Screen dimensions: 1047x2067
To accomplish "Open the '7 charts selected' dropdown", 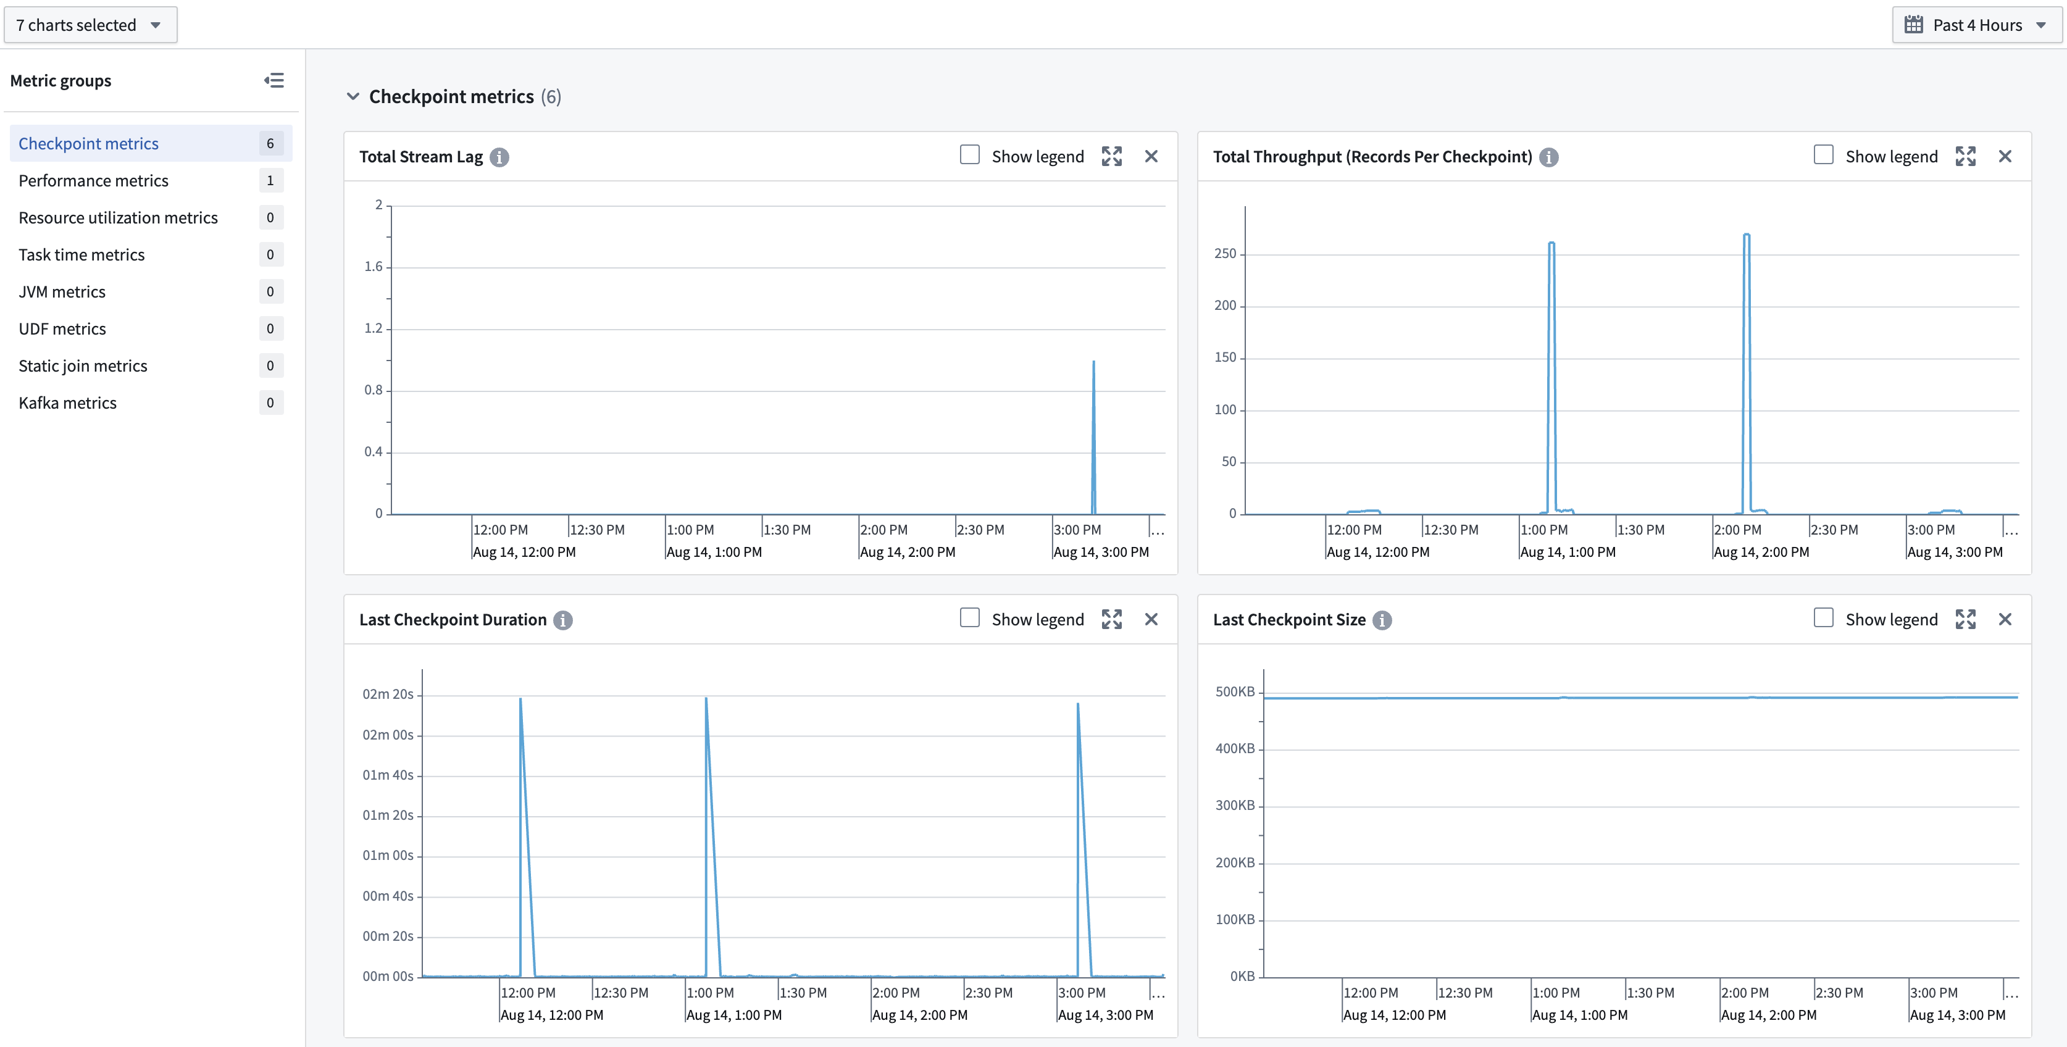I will point(90,25).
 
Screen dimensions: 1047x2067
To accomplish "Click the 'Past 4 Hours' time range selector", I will point(1976,25).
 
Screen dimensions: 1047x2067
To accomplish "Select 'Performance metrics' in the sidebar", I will point(93,180).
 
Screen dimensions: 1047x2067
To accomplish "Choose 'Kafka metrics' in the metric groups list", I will point(67,403).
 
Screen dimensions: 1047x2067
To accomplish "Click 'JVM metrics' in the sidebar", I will point(62,292).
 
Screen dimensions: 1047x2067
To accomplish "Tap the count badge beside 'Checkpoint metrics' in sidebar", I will point(270,144).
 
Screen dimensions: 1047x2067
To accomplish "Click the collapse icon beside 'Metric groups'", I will point(274,80).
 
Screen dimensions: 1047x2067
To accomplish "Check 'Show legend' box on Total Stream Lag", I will point(969,155).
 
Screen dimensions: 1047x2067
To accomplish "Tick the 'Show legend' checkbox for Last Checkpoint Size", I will point(1823,618).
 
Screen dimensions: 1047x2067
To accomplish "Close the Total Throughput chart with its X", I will point(2005,156).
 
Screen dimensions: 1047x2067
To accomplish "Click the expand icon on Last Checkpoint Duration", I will point(1111,619).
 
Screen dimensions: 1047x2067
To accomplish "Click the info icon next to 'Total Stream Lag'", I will point(499,157).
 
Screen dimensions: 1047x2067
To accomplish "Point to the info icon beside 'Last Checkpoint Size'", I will point(1382,620).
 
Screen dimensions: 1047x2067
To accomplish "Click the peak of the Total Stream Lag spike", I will point(1093,362).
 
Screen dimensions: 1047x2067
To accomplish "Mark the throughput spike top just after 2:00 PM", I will point(1746,235).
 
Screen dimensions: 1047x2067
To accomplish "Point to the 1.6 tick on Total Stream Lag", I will point(373,266).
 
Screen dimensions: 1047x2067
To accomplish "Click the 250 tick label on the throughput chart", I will point(1224,254).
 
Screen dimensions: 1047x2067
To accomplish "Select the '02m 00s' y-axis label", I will point(388,735).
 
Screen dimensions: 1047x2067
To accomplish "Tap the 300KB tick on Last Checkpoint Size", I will point(1234,806).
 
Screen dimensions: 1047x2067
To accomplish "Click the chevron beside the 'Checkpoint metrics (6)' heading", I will point(353,96).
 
